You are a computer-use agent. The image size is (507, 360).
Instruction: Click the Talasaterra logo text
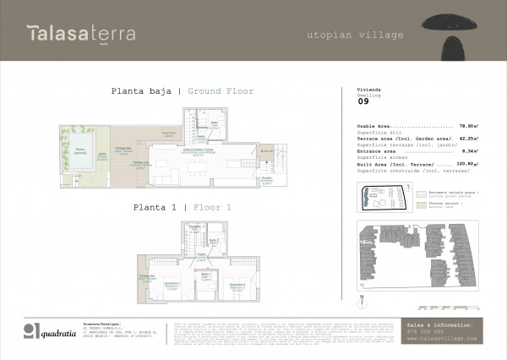pos(81,34)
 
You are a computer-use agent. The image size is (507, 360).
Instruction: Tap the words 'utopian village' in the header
pos(355,35)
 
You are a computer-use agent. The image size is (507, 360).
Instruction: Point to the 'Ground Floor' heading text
pos(221,91)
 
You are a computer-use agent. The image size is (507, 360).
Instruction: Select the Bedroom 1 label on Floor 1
pos(172,283)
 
